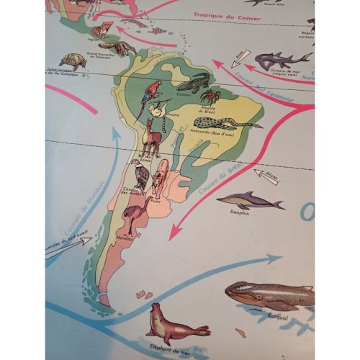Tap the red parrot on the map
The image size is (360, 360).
click(x=151, y=91)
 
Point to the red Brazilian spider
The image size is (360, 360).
click(x=210, y=96)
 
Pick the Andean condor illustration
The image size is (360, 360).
click(x=140, y=174)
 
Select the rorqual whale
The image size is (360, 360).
click(x=270, y=292)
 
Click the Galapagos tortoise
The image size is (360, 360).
click(x=73, y=61)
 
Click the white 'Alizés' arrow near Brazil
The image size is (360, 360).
click(x=266, y=176)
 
